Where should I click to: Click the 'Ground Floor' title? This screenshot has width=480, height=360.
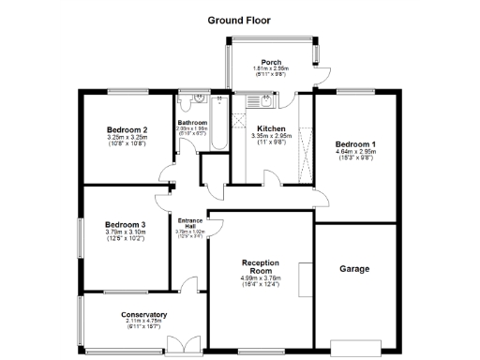point(240,20)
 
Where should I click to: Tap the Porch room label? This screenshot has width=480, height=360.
point(271,62)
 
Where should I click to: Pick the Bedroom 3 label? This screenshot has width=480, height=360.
point(125,225)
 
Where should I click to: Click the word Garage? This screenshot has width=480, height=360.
point(354,269)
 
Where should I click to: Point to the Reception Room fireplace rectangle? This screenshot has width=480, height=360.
point(304,280)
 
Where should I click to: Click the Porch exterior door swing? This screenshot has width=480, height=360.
point(324,80)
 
